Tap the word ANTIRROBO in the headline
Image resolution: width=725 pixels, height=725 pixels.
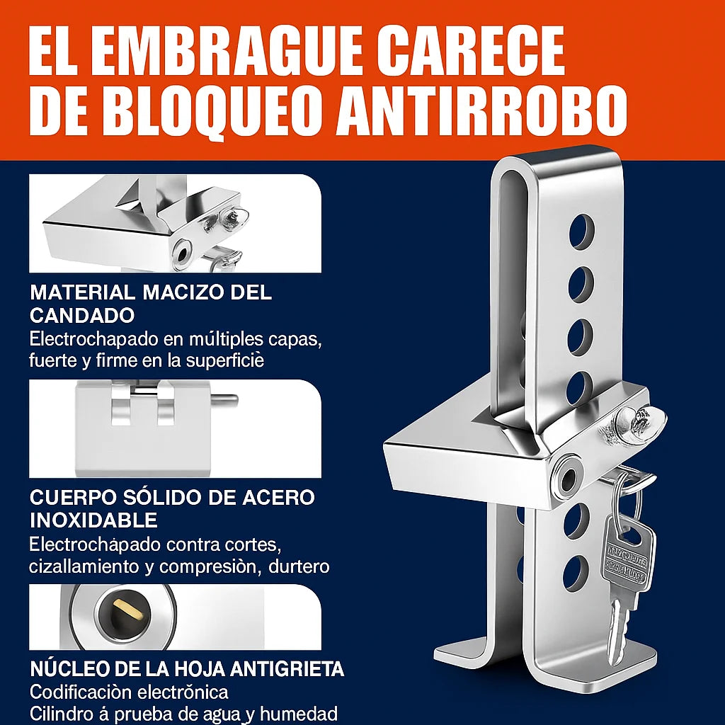[481, 111]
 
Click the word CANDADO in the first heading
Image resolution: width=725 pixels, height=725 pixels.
[82, 315]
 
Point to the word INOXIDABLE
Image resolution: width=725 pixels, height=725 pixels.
[93, 520]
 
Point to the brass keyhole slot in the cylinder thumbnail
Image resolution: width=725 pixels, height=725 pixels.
[127, 610]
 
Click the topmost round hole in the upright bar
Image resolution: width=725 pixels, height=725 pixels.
[581, 232]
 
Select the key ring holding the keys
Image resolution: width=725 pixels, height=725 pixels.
[627, 499]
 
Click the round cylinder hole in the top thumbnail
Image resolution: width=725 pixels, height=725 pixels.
[182, 254]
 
